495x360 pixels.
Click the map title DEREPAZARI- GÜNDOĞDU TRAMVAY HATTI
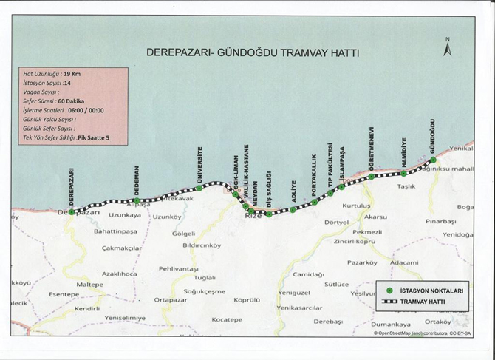(x=252, y=53)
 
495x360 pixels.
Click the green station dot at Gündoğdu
(x=433, y=160)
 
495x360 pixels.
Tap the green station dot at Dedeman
(x=137, y=200)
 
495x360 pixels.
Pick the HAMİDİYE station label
(x=404, y=153)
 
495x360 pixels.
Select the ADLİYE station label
(x=293, y=191)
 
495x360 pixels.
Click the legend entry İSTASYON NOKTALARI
(x=430, y=291)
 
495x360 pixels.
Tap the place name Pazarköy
(x=362, y=262)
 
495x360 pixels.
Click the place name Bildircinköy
(x=202, y=245)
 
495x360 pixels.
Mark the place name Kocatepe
(x=227, y=319)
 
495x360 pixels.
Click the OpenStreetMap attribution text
(x=423, y=333)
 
